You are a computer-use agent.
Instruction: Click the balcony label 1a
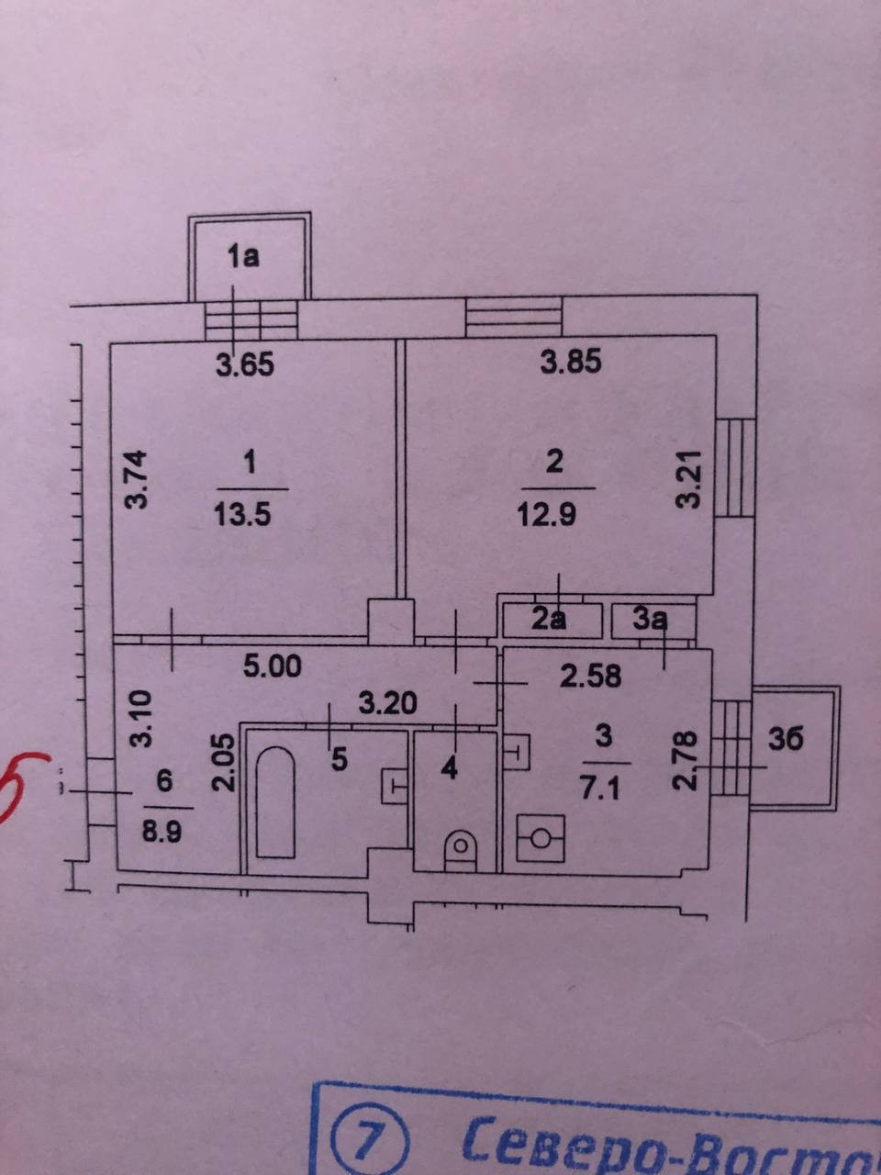pyautogui.click(x=243, y=256)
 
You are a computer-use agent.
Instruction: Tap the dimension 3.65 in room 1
pyautogui.click(x=245, y=366)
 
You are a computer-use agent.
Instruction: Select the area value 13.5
pyautogui.click(x=242, y=514)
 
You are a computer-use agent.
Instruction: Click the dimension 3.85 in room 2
pyautogui.click(x=570, y=363)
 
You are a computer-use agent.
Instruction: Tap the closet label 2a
pyautogui.click(x=549, y=621)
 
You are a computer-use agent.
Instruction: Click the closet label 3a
pyautogui.click(x=650, y=621)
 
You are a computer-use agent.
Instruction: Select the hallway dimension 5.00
pyautogui.click(x=273, y=666)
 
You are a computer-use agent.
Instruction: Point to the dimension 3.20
pyautogui.click(x=386, y=704)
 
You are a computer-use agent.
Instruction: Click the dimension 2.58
pyautogui.click(x=591, y=677)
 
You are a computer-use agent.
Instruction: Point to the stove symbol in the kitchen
pyautogui.click(x=541, y=835)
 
